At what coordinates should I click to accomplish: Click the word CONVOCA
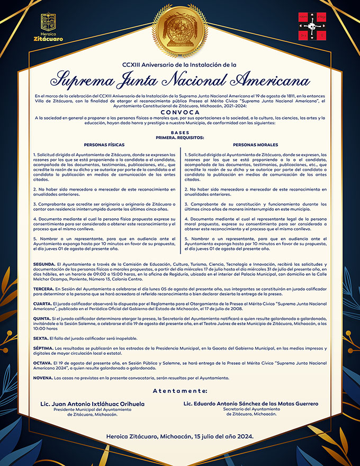[180, 112]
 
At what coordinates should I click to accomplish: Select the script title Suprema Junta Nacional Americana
[180, 80]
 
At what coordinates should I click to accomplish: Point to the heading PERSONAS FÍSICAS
[104, 145]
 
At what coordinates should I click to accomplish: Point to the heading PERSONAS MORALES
[255, 145]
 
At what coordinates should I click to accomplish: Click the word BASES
[180, 132]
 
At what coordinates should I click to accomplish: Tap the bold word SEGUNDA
[43, 263]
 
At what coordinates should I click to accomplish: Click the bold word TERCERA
[43, 289]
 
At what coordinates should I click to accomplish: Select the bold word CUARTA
[42, 304]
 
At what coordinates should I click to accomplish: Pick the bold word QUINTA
[42, 319]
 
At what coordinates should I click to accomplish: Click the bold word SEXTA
[40, 338]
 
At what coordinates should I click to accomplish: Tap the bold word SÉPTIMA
[43, 349]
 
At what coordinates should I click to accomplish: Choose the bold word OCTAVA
[42, 363]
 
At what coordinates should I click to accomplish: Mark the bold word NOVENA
[42, 378]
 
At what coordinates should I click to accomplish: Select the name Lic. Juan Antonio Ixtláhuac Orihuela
[92, 404]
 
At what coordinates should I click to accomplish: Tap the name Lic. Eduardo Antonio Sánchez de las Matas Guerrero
[251, 404]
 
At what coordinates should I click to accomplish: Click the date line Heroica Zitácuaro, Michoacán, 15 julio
[180, 436]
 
